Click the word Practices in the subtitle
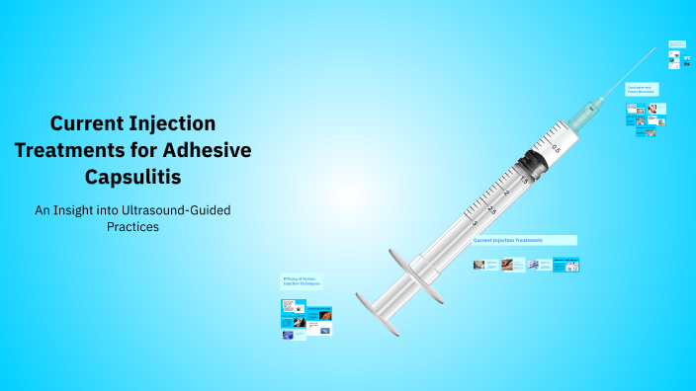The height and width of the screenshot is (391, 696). (x=132, y=226)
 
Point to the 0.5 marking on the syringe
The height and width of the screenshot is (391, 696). (x=556, y=148)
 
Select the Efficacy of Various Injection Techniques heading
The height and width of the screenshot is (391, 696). (x=302, y=281)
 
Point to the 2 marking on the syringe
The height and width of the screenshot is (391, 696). (x=506, y=195)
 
